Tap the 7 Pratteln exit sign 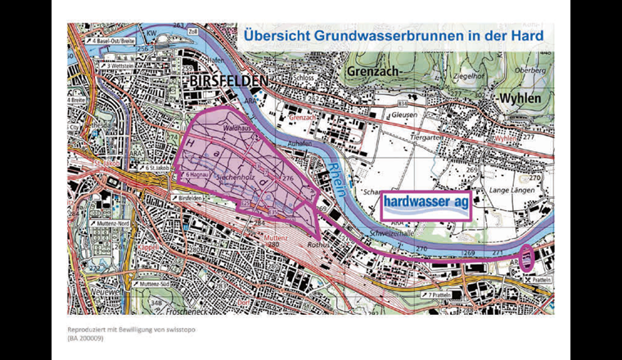click(x=440, y=294)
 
